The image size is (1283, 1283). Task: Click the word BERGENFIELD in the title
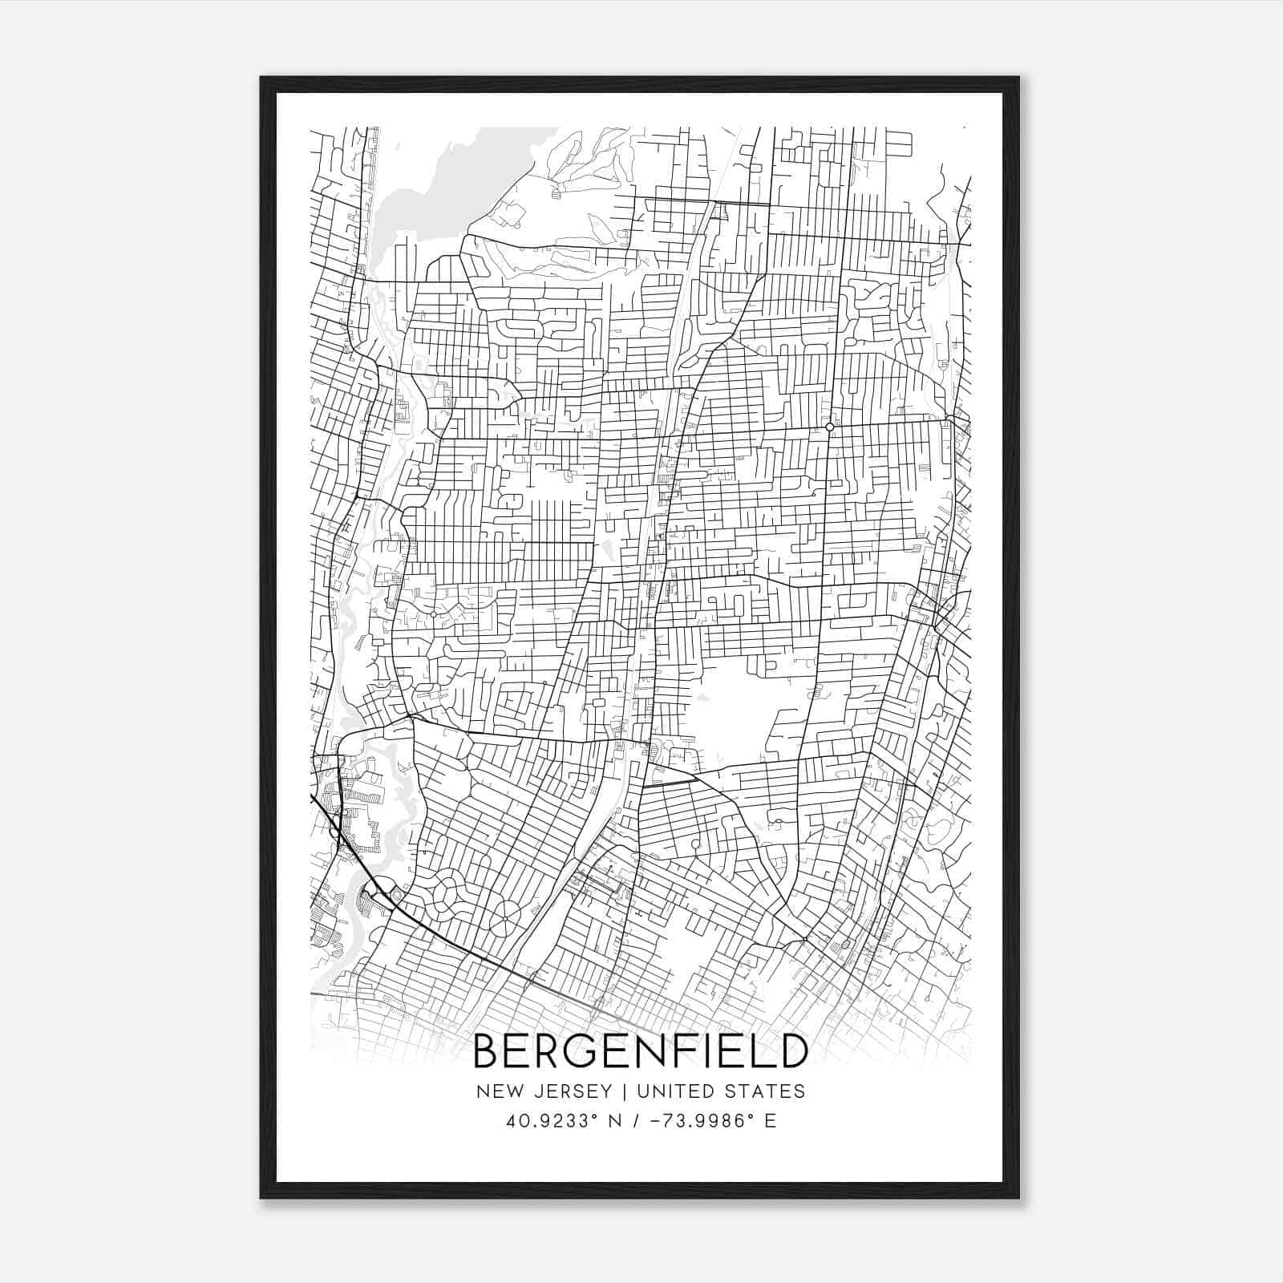640,1051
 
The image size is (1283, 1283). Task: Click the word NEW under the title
497,1091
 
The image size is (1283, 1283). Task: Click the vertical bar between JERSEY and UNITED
616,1091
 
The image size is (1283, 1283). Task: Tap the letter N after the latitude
616,1121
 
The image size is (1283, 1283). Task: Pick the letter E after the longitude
771,1121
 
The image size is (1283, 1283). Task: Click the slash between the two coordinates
637,1121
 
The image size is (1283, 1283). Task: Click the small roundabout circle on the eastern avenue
830,427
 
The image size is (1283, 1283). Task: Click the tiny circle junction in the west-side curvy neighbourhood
433,614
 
